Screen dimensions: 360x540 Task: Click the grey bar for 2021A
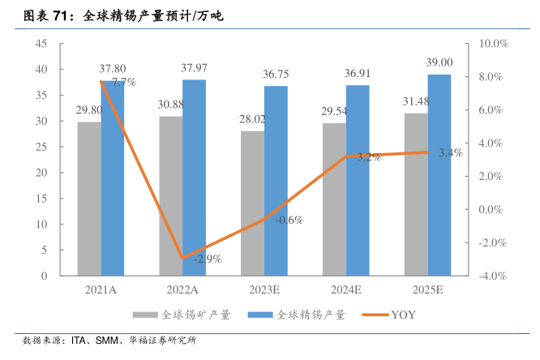(x=89, y=199)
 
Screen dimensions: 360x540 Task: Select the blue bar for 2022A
(x=195, y=178)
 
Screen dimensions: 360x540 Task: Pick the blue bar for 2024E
(x=358, y=180)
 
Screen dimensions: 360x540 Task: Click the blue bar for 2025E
(x=439, y=175)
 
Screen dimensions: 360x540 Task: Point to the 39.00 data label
(x=439, y=62)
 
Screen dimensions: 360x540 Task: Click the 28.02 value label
(x=253, y=118)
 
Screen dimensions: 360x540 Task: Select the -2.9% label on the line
(x=207, y=259)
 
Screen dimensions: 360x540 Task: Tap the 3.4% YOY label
(x=450, y=152)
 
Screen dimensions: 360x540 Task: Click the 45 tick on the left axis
(x=41, y=43)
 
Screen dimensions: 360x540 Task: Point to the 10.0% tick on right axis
(x=491, y=43)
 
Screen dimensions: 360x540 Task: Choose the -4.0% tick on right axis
(x=491, y=276)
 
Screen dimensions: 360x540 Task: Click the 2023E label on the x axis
(x=264, y=289)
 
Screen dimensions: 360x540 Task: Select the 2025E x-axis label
(x=427, y=289)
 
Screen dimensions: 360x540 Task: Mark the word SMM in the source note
(x=109, y=341)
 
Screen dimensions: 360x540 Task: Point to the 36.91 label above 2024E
(x=358, y=73)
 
